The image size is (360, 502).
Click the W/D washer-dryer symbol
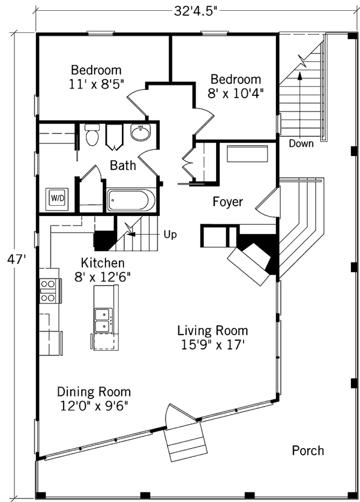57,199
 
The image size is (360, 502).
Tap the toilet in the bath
92,135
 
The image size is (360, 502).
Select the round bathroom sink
140,132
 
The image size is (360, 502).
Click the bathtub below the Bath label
131,200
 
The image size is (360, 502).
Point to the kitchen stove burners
47,291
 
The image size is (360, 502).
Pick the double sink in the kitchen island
103,320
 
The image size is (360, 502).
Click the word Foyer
228,202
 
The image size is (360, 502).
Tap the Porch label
308,451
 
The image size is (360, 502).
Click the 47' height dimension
16,259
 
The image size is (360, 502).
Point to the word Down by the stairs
301,143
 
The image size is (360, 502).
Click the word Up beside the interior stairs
170,235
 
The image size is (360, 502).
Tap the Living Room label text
212,330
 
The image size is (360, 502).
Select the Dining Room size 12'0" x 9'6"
94,406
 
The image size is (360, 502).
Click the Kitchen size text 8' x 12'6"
103,277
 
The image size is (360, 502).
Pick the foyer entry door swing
266,203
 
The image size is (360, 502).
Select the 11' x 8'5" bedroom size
96,84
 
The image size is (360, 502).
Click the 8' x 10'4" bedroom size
235,94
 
